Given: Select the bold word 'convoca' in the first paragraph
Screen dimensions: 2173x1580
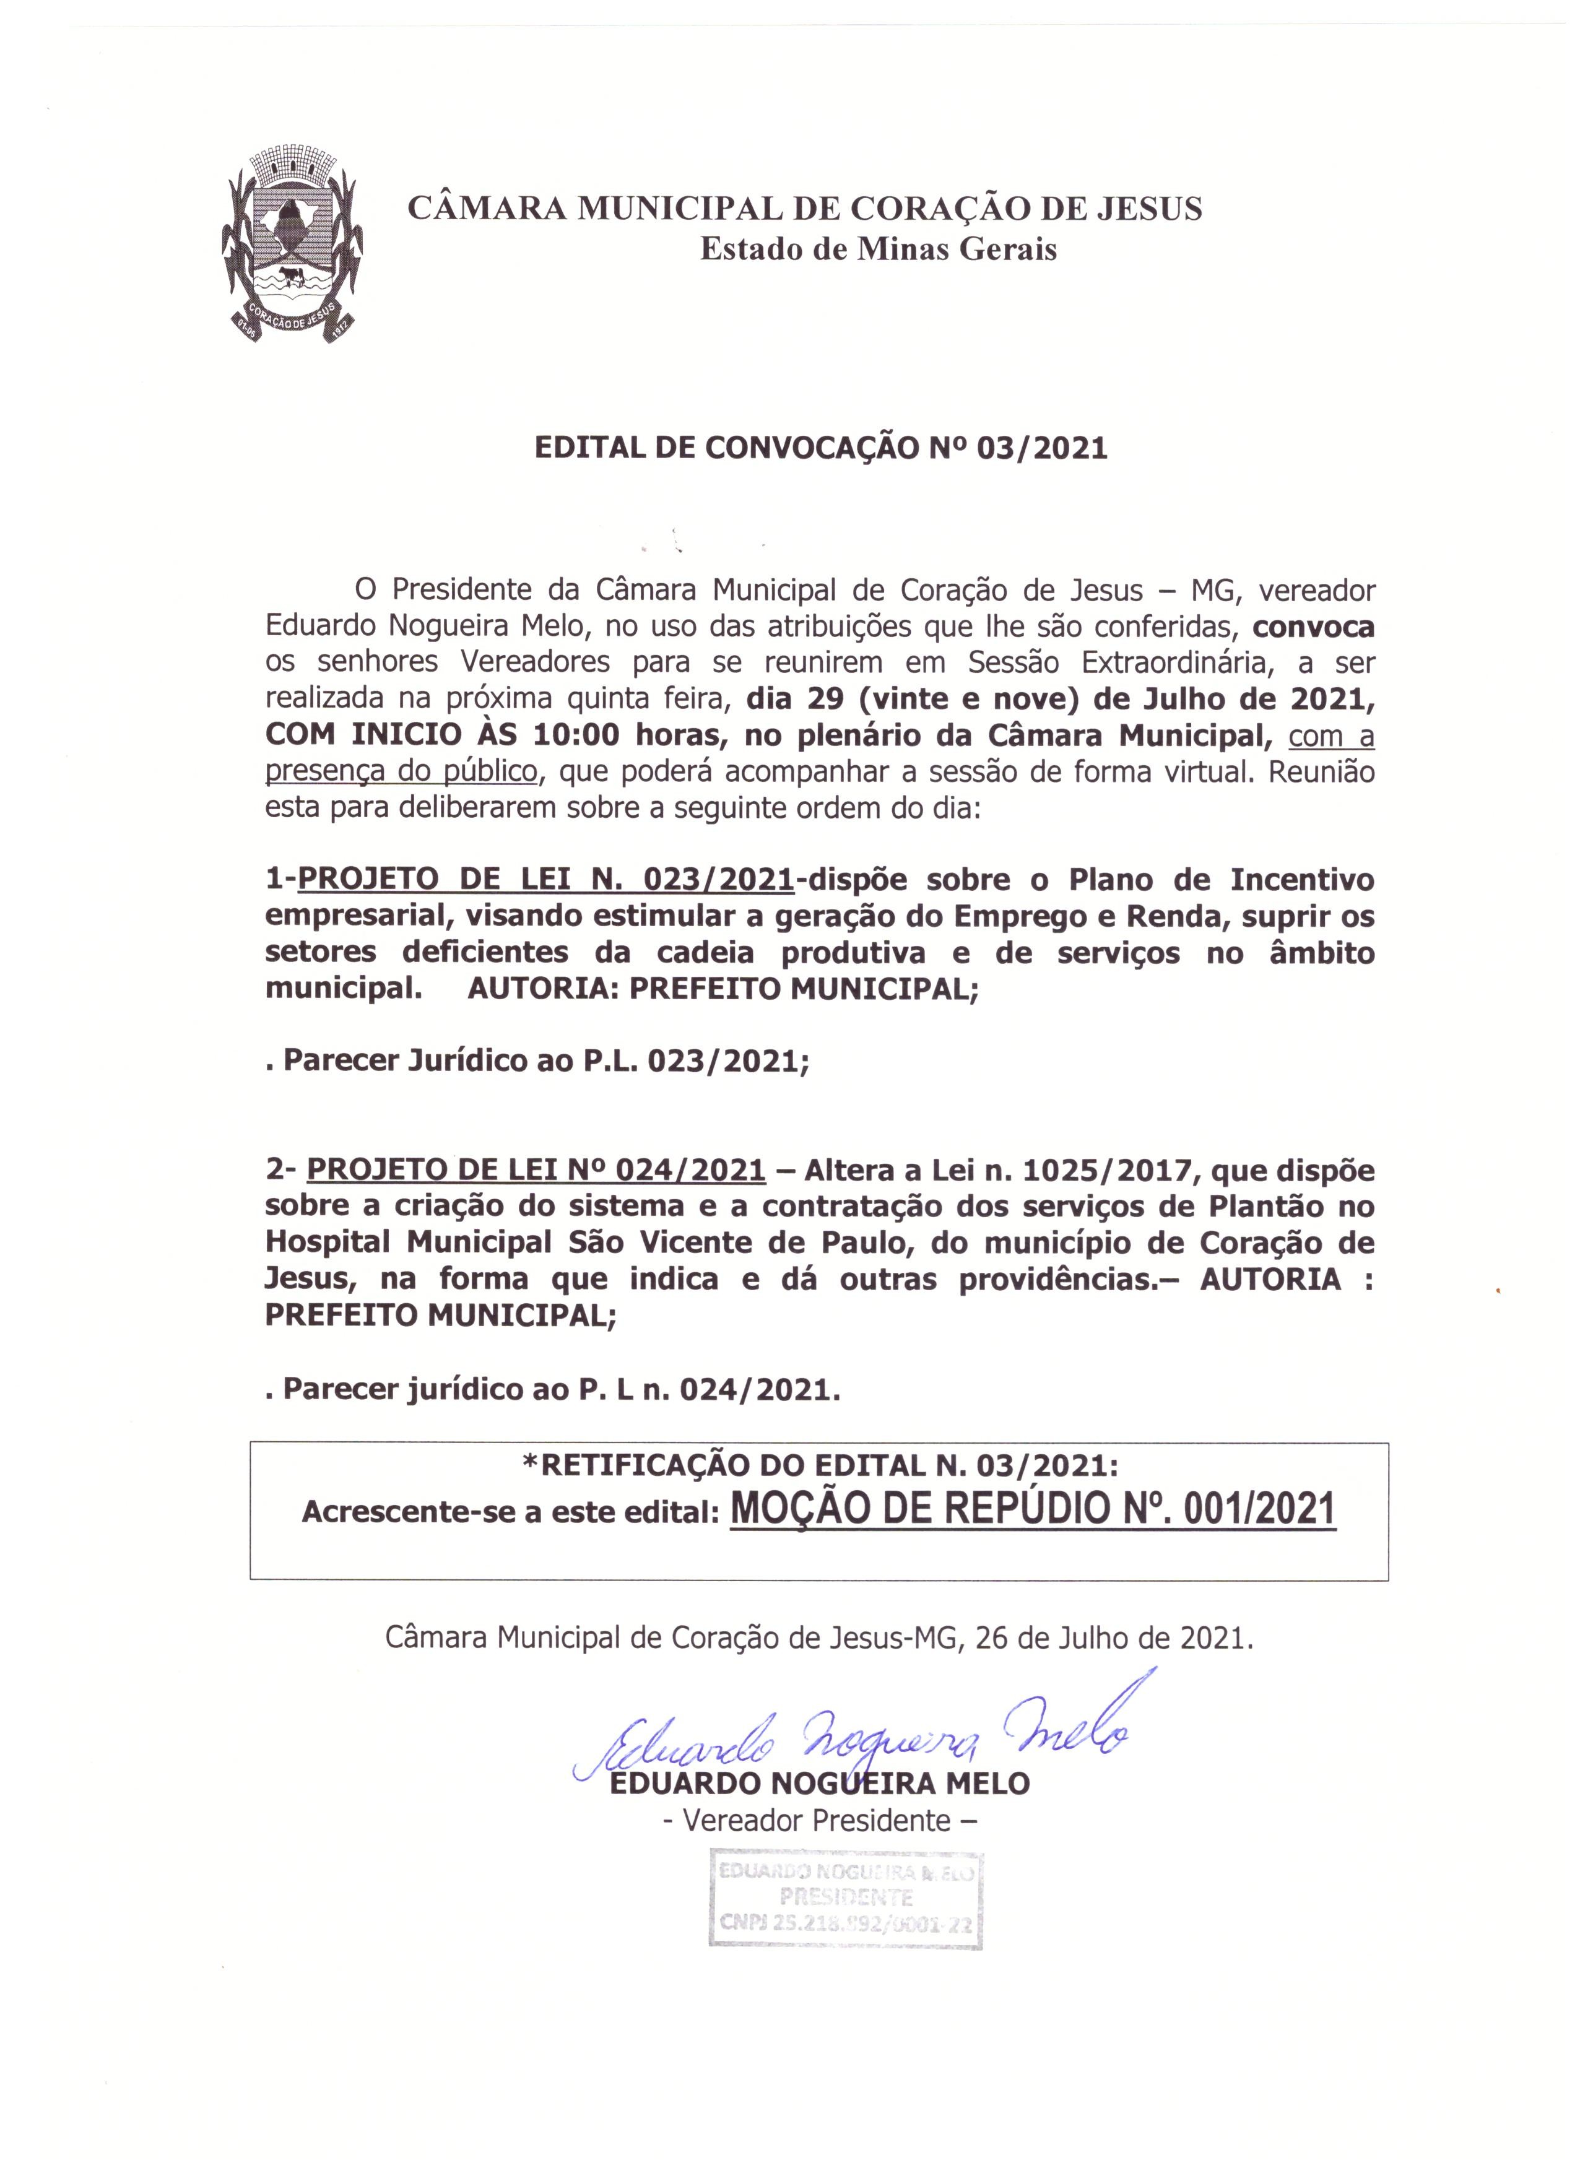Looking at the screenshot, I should tap(1314, 628).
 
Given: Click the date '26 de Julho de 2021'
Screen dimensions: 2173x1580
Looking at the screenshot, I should tap(1114, 1637).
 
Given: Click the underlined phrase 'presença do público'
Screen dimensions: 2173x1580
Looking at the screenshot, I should tap(401, 772).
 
